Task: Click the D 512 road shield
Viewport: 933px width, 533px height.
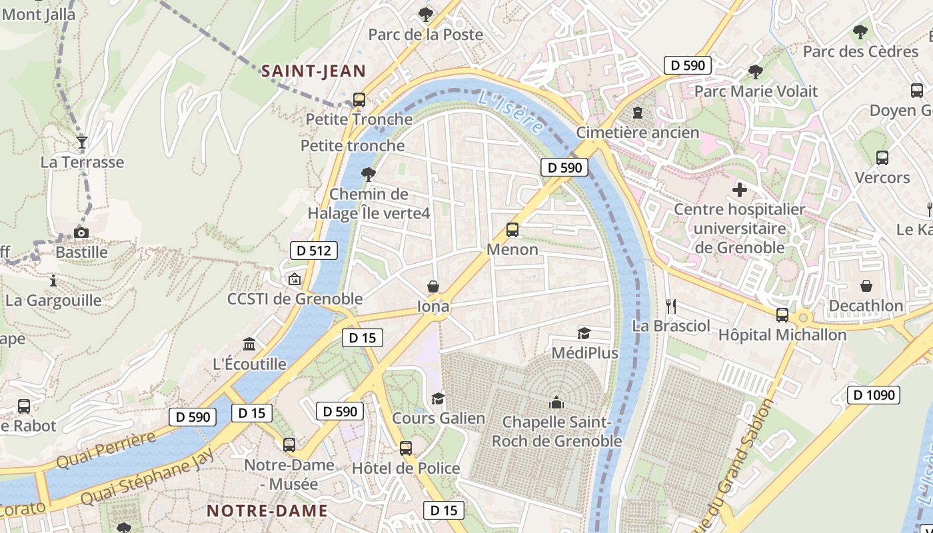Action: (x=313, y=251)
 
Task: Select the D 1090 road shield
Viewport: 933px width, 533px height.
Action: (x=873, y=395)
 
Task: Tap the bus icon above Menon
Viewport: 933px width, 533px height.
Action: (x=512, y=230)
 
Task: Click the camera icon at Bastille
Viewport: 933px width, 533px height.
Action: (x=81, y=233)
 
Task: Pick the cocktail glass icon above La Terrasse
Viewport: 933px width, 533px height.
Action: (x=81, y=142)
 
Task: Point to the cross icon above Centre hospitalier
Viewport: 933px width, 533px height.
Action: (x=739, y=190)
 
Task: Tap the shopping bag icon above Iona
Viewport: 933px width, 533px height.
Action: (x=433, y=286)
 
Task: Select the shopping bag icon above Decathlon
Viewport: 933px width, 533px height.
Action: (x=866, y=286)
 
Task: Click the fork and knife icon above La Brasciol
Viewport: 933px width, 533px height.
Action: (x=671, y=306)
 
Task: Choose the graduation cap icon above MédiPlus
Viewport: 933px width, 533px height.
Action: (x=584, y=332)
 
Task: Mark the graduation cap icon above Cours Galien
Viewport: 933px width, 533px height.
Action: (x=438, y=398)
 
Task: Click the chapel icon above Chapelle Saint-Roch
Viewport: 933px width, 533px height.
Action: (x=556, y=402)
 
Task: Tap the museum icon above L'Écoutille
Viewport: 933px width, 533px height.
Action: (x=249, y=344)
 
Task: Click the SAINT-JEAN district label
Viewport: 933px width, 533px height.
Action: (x=313, y=71)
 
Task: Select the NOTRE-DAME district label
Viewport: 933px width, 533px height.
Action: (x=267, y=511)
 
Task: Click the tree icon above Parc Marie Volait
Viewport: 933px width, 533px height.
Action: (x=755, y=71)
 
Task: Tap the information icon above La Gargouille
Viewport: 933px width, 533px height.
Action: (x=53, y=280)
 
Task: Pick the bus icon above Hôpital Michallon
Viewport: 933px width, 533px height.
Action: (x=782, y=315)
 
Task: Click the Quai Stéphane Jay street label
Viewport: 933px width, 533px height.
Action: (x=148, y=477)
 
